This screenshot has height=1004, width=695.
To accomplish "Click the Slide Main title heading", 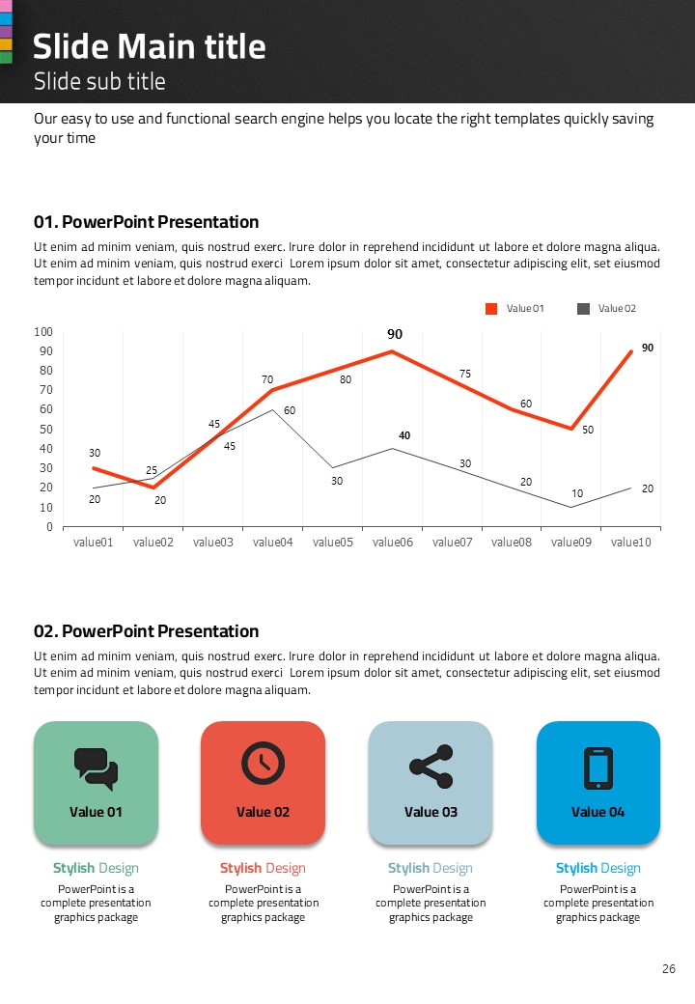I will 150,46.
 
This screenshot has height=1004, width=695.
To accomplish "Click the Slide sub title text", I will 99,81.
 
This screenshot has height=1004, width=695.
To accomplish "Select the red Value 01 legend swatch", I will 491,309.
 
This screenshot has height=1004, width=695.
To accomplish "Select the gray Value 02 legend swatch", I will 583,309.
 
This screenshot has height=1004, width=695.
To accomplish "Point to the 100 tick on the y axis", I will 43,332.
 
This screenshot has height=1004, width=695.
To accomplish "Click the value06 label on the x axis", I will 393,543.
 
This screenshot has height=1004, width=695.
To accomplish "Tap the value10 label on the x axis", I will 631,543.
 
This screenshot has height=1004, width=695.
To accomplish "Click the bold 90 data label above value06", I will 395,334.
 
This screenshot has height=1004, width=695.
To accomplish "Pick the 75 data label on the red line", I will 464,374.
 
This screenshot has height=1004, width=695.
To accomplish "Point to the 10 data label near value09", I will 577,494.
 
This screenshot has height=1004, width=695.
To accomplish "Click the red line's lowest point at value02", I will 153,488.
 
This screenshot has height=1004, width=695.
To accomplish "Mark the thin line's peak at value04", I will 273,409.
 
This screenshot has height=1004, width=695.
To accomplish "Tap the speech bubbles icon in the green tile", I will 96,767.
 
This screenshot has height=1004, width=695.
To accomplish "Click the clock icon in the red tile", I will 263,763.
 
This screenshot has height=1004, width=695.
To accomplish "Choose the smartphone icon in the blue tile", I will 598,767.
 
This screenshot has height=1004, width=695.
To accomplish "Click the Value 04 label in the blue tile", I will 598,812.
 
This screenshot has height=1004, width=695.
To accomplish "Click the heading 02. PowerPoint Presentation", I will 146,631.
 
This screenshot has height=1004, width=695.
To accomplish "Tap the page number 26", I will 669,968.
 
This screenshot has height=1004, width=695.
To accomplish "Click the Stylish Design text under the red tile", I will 263,868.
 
